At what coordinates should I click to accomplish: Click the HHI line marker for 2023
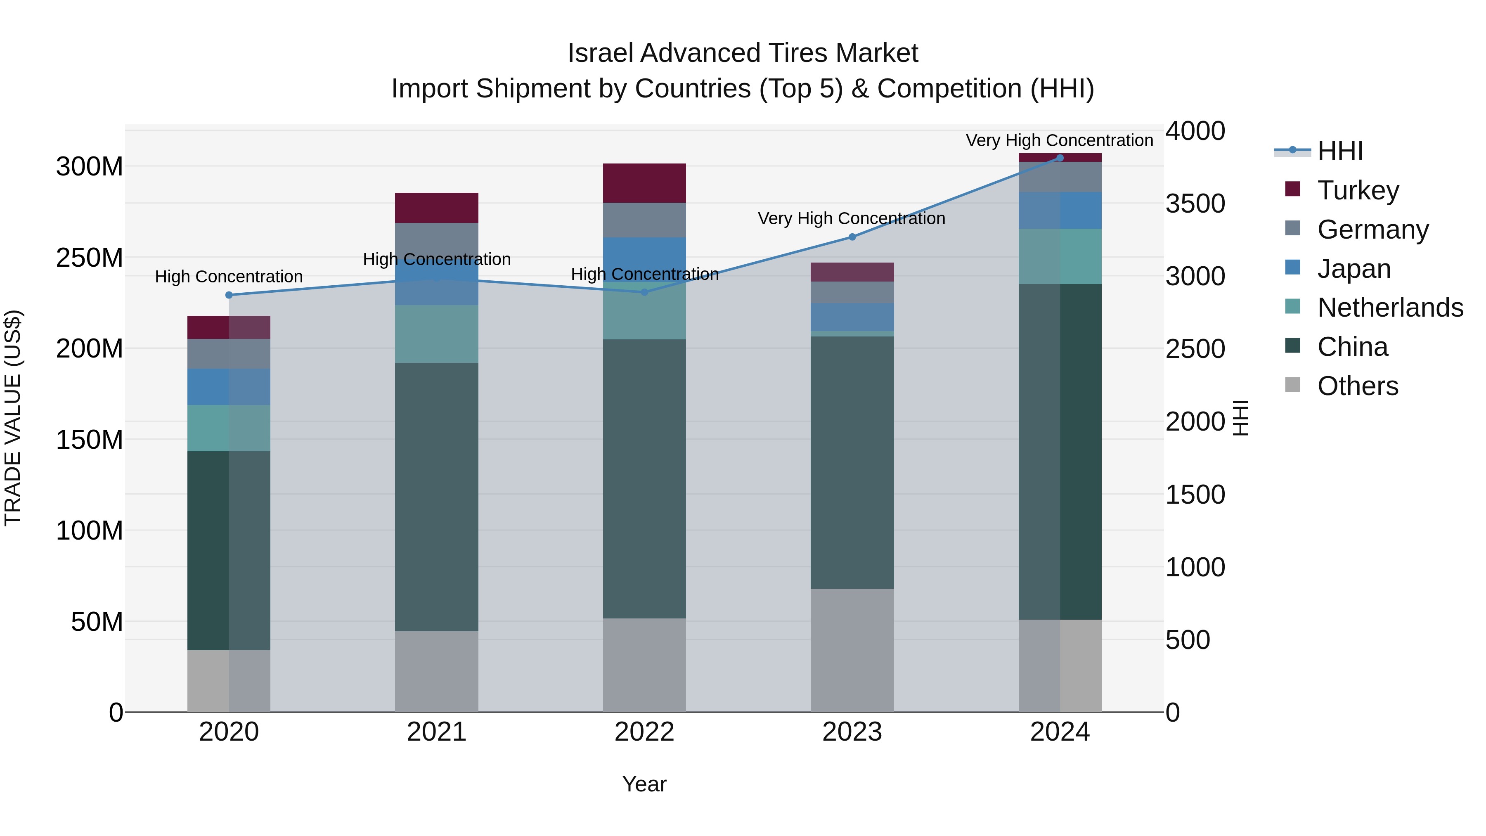[852, 237]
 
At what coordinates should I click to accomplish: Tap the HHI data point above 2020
[229, 295]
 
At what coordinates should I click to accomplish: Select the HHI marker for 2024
[1060, 158]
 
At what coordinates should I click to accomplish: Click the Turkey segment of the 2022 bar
[644, 183]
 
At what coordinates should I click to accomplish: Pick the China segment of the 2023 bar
[852, 462]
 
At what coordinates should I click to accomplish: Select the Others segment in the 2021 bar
[437, 671]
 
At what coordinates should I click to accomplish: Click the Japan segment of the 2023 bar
[852, 317]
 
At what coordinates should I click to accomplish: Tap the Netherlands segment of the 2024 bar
[1060, 256]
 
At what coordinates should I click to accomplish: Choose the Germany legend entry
[1373, 230]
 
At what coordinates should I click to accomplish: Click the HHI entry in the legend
[1340, 151]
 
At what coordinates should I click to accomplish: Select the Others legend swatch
[1293, 385]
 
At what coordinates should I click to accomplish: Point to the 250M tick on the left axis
[90, 257]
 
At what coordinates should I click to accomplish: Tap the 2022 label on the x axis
[644, 732]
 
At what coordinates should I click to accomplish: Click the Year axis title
[644, 784]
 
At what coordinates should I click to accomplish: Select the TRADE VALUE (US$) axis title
[13, 418]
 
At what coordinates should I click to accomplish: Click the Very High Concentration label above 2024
[1059, 140]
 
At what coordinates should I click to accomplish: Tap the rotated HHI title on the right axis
[1240, 418]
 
